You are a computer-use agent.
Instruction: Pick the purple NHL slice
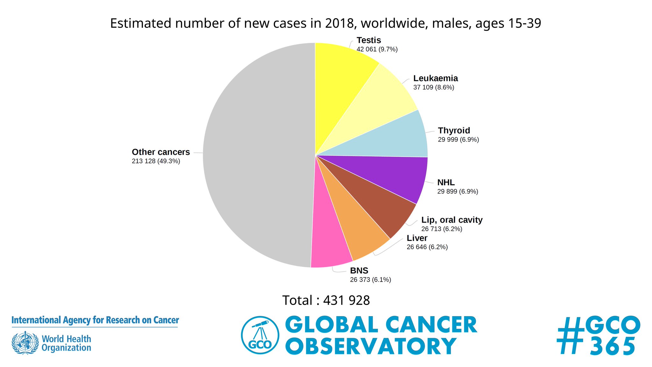tap(392, 175)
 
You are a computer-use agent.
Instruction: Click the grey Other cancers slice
tap(255, 156)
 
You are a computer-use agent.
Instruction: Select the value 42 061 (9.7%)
tap(377, 49)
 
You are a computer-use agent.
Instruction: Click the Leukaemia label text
tap(436, 78)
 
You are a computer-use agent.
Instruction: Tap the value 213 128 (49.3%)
tap(156, 161)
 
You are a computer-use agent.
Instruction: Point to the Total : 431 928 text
tap(326, 300)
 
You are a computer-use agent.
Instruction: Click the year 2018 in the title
tap(339, 23)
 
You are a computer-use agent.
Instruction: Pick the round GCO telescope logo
tap(260, 335)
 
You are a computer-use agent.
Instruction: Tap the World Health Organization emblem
tap(25, 343)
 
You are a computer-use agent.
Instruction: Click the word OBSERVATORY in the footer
tap(371, 346)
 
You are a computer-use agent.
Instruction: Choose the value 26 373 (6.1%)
tap(370, 280)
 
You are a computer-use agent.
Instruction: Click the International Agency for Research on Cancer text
tap(95, 320)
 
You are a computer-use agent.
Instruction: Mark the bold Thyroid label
tap(454, 131)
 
